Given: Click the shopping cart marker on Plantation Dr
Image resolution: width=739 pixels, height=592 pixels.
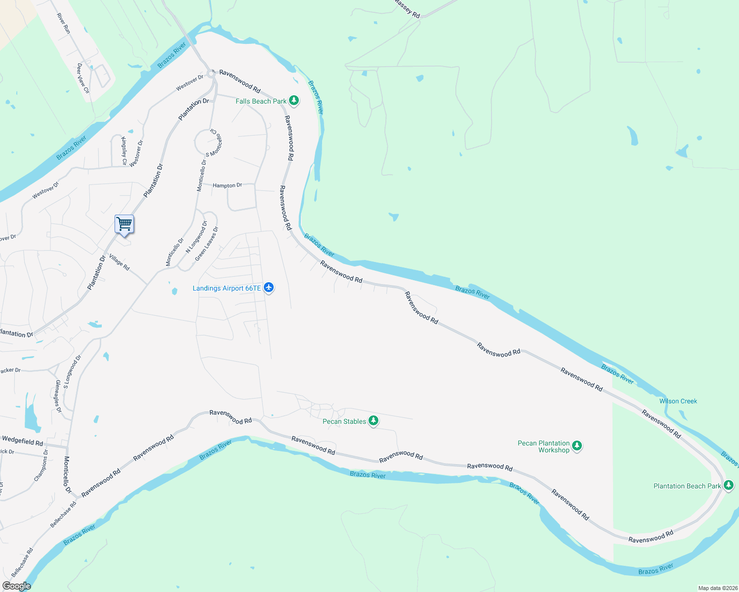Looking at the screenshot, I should coord(124,224).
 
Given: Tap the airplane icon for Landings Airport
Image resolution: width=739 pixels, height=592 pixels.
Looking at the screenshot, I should coord(269,288).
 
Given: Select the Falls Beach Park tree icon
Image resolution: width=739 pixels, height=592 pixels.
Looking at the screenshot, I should coord(294,101).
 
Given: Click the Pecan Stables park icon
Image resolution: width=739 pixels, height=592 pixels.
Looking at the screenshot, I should coord(373,421).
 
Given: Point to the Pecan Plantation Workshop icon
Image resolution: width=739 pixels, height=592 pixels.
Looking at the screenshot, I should coord(576,446).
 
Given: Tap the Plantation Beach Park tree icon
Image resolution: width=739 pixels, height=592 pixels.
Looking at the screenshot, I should coord(729,485).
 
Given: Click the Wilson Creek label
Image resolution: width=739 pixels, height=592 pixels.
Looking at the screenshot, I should coord(678,401).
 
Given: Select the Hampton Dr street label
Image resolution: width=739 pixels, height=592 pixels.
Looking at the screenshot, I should coord(227,185).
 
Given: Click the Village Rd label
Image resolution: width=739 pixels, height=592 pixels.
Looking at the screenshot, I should coord(119,262).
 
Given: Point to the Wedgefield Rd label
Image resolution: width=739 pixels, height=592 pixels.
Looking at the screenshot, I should coord(22,440).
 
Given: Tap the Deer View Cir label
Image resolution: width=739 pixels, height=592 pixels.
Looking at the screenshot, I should coord(83,78).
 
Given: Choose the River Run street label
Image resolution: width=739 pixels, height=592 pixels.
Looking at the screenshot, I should coord(64,23).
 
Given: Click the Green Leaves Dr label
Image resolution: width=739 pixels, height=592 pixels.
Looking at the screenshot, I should coord(206,244).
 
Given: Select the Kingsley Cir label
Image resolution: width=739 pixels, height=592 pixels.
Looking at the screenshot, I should coord(124,151).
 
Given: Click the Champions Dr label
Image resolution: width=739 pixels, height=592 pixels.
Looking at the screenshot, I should coord(41,465).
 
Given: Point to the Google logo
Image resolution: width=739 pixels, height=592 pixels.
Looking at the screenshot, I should coord(16,586).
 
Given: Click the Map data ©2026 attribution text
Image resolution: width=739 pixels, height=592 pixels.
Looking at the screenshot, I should coord(717,588).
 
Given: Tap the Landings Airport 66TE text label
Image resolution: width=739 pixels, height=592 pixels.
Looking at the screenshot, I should coord(227,288).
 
